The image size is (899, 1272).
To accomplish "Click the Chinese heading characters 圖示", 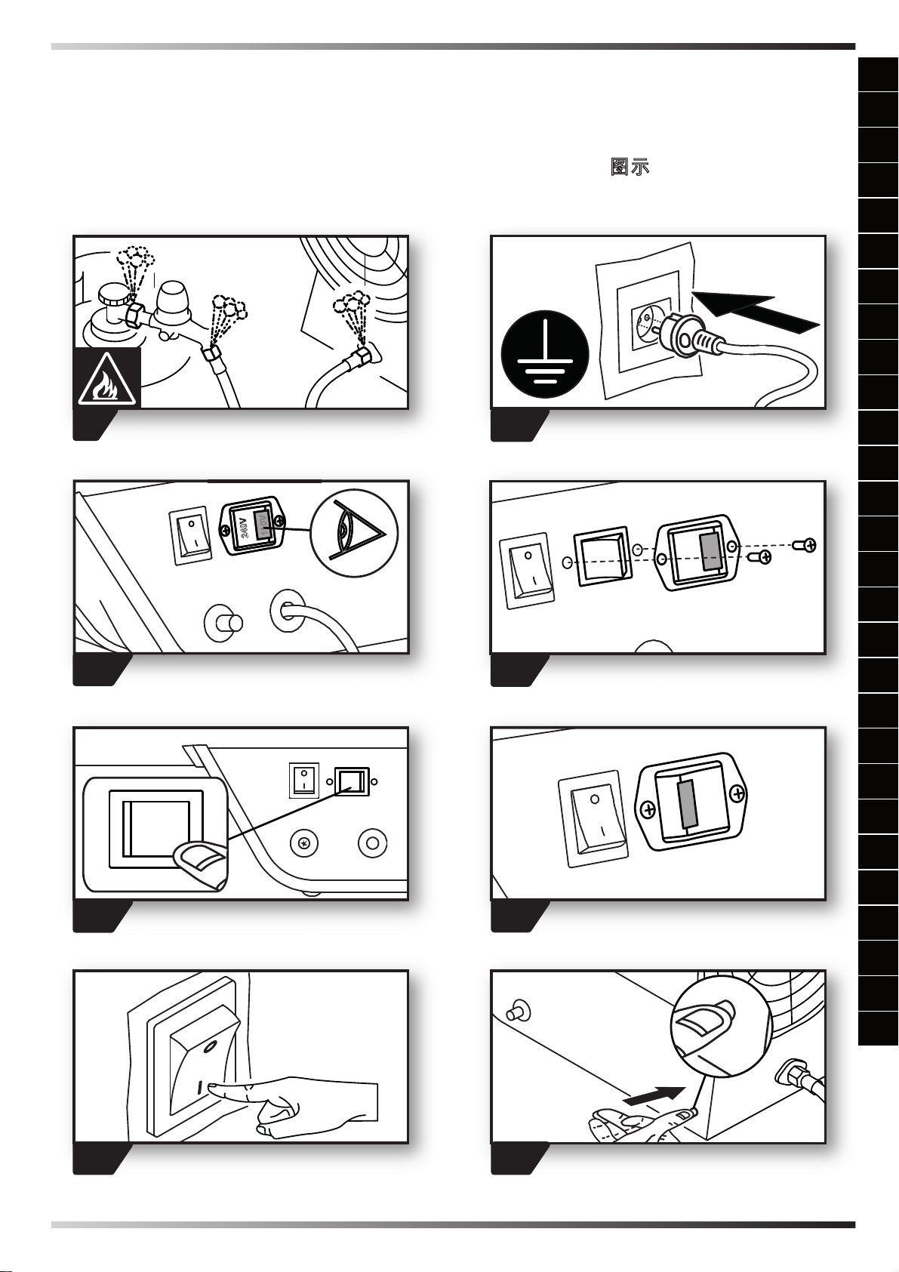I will pyautogui.click(x=630, y=167).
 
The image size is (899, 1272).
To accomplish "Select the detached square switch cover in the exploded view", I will pyautogui.click(x=601, y=556).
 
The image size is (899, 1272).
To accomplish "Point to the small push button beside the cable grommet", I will pyautogui.click(x=224, y=624).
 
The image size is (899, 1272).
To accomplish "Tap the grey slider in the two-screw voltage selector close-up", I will pyautogui.click(x=688, y=805).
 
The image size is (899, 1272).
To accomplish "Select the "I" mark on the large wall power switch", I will pyautogui.click(x=200, y=1089).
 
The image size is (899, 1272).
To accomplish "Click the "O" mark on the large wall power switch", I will pyautogui.click(x=211, y=1045).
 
